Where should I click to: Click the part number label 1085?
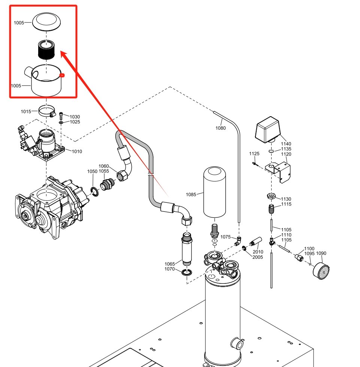[x=191, y=195]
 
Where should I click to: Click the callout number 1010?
[x=77, y=151]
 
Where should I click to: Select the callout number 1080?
[x=221, y=128]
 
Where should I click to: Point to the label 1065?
[x=170, y=264]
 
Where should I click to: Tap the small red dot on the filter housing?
[x=63, y=76]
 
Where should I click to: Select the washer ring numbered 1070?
[x=187, y=272]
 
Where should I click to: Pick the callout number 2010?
[x=258, y=252]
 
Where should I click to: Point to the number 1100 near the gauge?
[x=309, y=249]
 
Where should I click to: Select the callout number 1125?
[x=254, y=154]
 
